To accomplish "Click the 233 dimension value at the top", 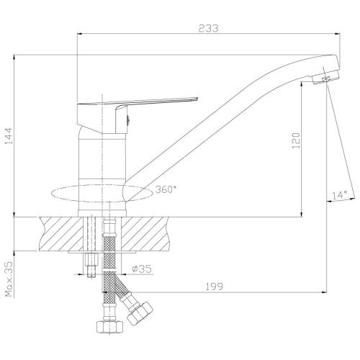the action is (x=209, y=28).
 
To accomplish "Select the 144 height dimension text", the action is (x=9, y=136).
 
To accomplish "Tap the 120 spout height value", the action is (x=296, y=140).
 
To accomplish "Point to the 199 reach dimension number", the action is (x=215, y=287).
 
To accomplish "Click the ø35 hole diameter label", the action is (x=142, y=269).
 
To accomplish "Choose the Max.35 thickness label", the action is (x=9, y=279).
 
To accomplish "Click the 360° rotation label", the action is (x=166, y=189).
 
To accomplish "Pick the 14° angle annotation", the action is (x=340, y=195).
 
